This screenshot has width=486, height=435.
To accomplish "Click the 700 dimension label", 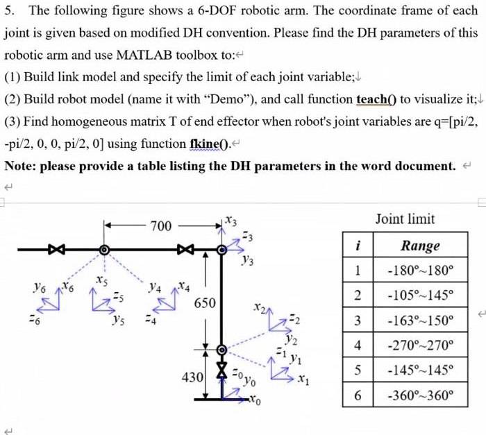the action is point(162,225).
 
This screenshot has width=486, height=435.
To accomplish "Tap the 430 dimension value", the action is point(192,378).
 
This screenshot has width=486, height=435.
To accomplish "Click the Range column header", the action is point(420,246).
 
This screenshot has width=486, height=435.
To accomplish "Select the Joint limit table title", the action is point(405,219).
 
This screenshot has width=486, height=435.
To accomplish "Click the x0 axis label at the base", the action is point(255,402).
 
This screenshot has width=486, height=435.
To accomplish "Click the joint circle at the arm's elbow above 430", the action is point(221,350).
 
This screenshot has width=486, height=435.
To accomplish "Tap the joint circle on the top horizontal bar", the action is point(104,249).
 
